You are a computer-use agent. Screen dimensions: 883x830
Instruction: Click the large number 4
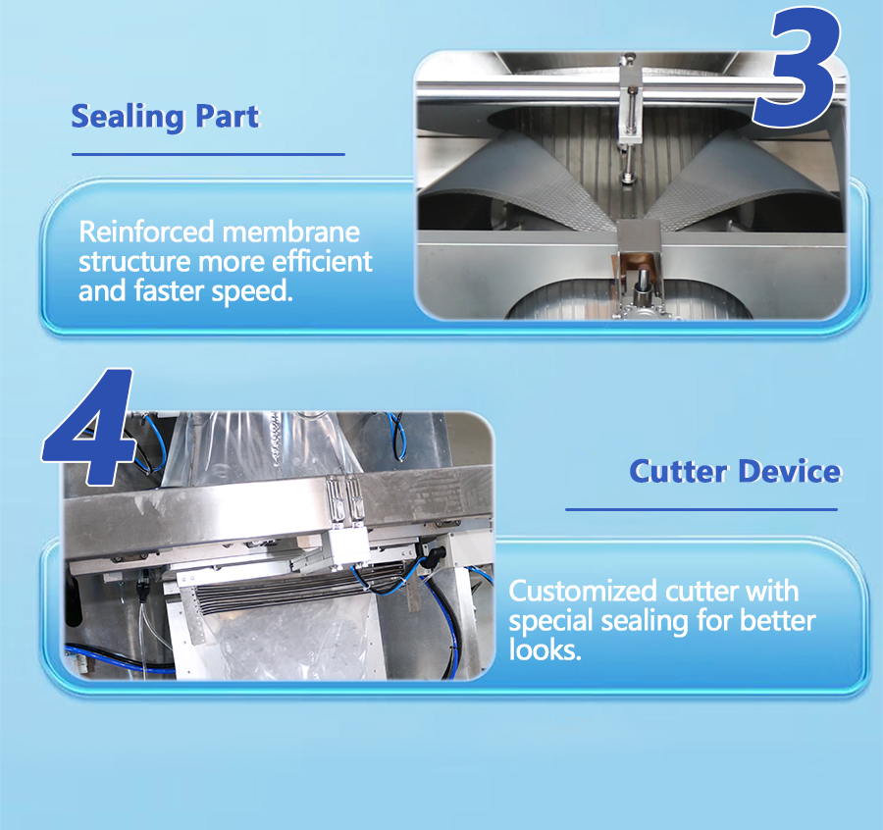(x=90, y=428)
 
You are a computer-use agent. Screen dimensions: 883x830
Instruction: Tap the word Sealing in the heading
(x=128, y=117)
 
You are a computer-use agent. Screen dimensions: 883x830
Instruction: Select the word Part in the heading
(x=228, y=116)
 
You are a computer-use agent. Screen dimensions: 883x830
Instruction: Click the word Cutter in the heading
(x=678, y=471)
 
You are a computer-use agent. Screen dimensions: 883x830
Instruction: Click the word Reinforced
(x=146, y=232)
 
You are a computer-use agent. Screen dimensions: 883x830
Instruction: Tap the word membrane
(x=291, y=232)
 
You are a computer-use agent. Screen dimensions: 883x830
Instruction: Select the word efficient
(x=322, y=261)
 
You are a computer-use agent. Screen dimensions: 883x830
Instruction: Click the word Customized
(x=583, y=592)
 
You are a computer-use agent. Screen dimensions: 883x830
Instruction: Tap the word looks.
(x=545, y=649)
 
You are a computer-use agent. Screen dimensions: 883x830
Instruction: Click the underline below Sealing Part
(x=208, y=154)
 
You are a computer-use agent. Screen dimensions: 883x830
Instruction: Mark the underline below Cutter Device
(x=701, y=509)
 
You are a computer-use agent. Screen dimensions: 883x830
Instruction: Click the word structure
(x=134, y=262)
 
